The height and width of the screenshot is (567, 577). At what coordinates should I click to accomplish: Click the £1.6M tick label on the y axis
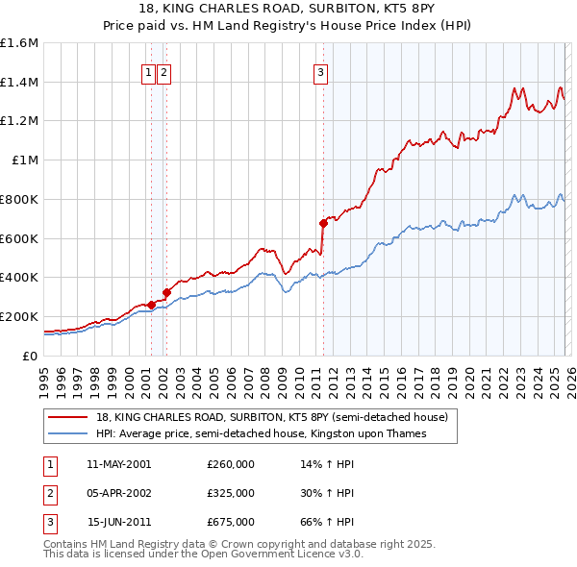19,43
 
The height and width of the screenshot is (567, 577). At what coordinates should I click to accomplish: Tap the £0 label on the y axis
31,356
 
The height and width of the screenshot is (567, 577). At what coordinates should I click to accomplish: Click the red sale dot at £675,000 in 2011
323,223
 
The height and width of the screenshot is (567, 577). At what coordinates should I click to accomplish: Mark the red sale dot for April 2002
166,291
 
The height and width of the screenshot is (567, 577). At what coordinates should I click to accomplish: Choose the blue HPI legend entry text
261,433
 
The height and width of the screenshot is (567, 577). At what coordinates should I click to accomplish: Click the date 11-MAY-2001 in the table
118,464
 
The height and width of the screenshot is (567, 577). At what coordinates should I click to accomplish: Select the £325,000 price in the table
231,493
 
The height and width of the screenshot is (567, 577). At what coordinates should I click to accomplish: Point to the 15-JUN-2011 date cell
118,522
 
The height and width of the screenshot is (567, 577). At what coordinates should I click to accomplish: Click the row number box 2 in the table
49,493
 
